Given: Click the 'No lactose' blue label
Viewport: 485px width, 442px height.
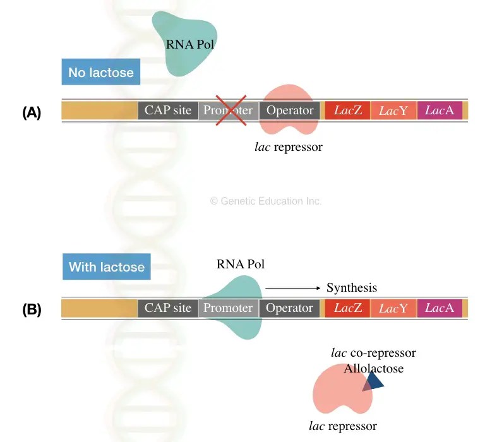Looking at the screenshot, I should (101, 72).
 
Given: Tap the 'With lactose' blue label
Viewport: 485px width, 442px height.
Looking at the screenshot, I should (106, 266).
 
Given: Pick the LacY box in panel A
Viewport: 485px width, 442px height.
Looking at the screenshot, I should (393, 110).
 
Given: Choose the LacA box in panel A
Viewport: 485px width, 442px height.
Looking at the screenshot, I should (440, 110).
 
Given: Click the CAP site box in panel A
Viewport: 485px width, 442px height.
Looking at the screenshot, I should (167, 110).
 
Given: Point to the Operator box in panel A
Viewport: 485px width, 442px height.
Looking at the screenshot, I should (290, 110).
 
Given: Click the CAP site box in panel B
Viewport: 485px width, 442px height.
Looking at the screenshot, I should (167, 308).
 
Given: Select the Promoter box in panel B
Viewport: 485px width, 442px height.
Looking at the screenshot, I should (228, 308).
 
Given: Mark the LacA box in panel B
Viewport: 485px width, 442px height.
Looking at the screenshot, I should (440, 308).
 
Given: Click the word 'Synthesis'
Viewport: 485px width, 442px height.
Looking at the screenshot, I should (352, 288).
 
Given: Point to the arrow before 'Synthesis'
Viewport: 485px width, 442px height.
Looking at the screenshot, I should (293, 288).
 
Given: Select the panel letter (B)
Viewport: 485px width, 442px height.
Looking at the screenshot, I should (32, 310).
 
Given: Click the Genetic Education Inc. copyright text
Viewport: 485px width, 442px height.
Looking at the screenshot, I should (265, 201).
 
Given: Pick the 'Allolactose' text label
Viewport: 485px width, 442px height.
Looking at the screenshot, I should (373, 368).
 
